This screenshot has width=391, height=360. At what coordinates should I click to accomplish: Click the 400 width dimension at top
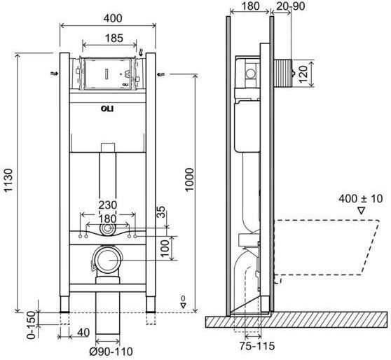113,18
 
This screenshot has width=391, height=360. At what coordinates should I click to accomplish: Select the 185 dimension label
114,38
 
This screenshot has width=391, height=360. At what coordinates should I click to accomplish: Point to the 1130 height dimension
8,180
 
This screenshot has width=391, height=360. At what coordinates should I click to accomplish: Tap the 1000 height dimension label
189,179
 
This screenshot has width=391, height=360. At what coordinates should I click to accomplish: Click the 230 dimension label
108,205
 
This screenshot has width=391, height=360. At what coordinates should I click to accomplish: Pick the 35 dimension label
161,212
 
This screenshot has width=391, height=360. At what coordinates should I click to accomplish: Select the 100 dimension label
165,249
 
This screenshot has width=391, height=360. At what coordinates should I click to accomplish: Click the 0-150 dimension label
32,325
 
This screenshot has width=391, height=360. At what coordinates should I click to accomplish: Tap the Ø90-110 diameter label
111,352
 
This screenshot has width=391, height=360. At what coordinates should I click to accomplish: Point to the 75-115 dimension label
257,346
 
